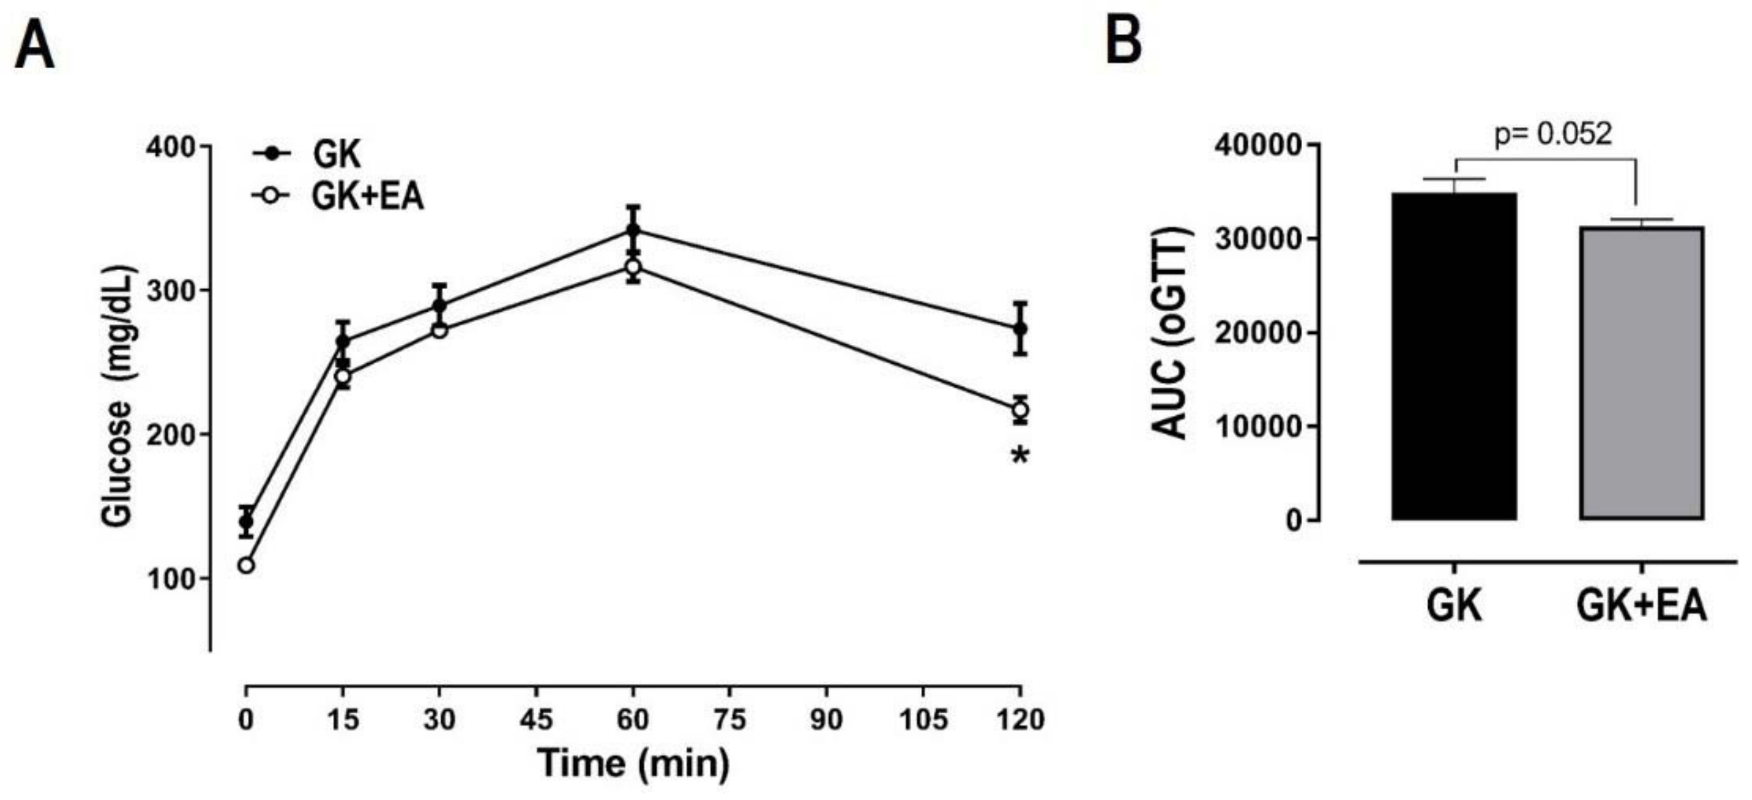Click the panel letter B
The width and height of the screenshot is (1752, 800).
1123,41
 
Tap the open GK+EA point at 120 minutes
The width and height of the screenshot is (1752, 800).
1019,410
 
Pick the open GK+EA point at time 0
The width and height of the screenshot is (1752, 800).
246,565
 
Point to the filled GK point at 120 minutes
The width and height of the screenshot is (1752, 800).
1019,329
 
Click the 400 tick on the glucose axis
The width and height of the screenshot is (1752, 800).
170,147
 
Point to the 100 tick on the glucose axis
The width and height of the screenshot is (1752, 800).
170,578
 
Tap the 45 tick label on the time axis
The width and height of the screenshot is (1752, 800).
536,719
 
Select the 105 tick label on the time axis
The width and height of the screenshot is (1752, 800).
923,719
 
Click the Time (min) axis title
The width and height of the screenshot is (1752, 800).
633,763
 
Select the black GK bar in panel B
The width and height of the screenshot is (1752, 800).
1454,356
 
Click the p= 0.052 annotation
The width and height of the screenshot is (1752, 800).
1553,134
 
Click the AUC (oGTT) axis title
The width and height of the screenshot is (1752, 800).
1170,332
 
